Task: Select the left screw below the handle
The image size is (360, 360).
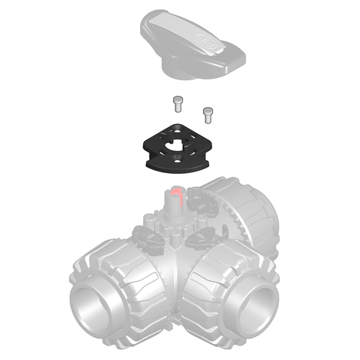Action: (178, 103)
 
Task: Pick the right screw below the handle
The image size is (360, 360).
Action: (206, 114)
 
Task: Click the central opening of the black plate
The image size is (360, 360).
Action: (178, 144)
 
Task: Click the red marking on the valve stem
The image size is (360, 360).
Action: (176, 192)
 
